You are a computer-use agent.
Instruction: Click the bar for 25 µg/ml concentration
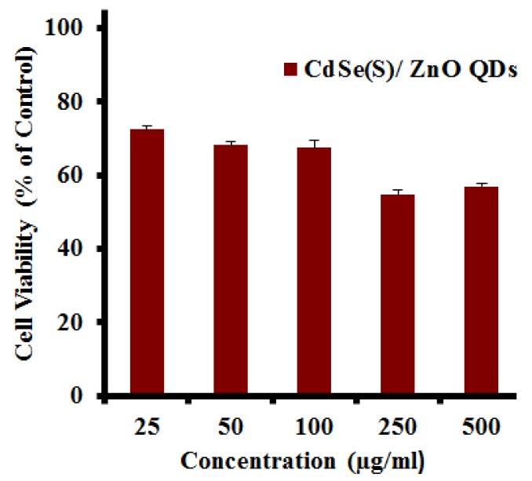pyautogui.click(x=147, y=262)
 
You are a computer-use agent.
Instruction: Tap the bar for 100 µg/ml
pyautogui.click(x=314, y=271)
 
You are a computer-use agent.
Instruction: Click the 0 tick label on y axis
pyautogui.click(x=79, y=396)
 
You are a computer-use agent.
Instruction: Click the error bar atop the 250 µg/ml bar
pyautogui.click(x=397, y=191)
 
